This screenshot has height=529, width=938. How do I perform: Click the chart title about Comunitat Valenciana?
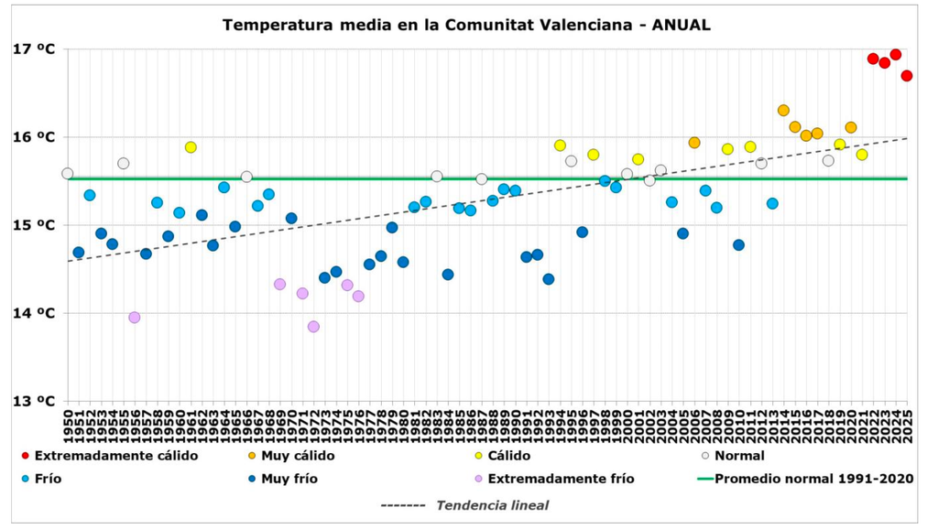(466, 25)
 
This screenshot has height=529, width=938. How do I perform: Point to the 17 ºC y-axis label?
(33, 49)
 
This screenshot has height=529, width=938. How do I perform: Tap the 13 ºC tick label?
(33, 401)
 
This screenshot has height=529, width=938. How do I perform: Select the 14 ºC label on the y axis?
(33, 313)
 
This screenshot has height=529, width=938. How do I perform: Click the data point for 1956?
(135, 318)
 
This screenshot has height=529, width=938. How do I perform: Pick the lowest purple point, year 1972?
(313, 327)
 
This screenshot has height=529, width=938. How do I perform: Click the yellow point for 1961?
(191, 147)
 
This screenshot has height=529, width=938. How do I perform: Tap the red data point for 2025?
(907, 76)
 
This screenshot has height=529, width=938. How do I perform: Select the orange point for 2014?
(783, 111)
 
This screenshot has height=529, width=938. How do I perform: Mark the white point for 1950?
(68, 174)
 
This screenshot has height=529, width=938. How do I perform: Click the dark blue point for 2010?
(738, 245)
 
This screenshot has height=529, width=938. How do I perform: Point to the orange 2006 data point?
(694, 143)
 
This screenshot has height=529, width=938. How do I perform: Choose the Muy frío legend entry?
(289, 479)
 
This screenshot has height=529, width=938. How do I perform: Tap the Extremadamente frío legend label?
(561, 479)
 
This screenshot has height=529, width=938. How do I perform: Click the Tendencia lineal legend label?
(492, 505)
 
